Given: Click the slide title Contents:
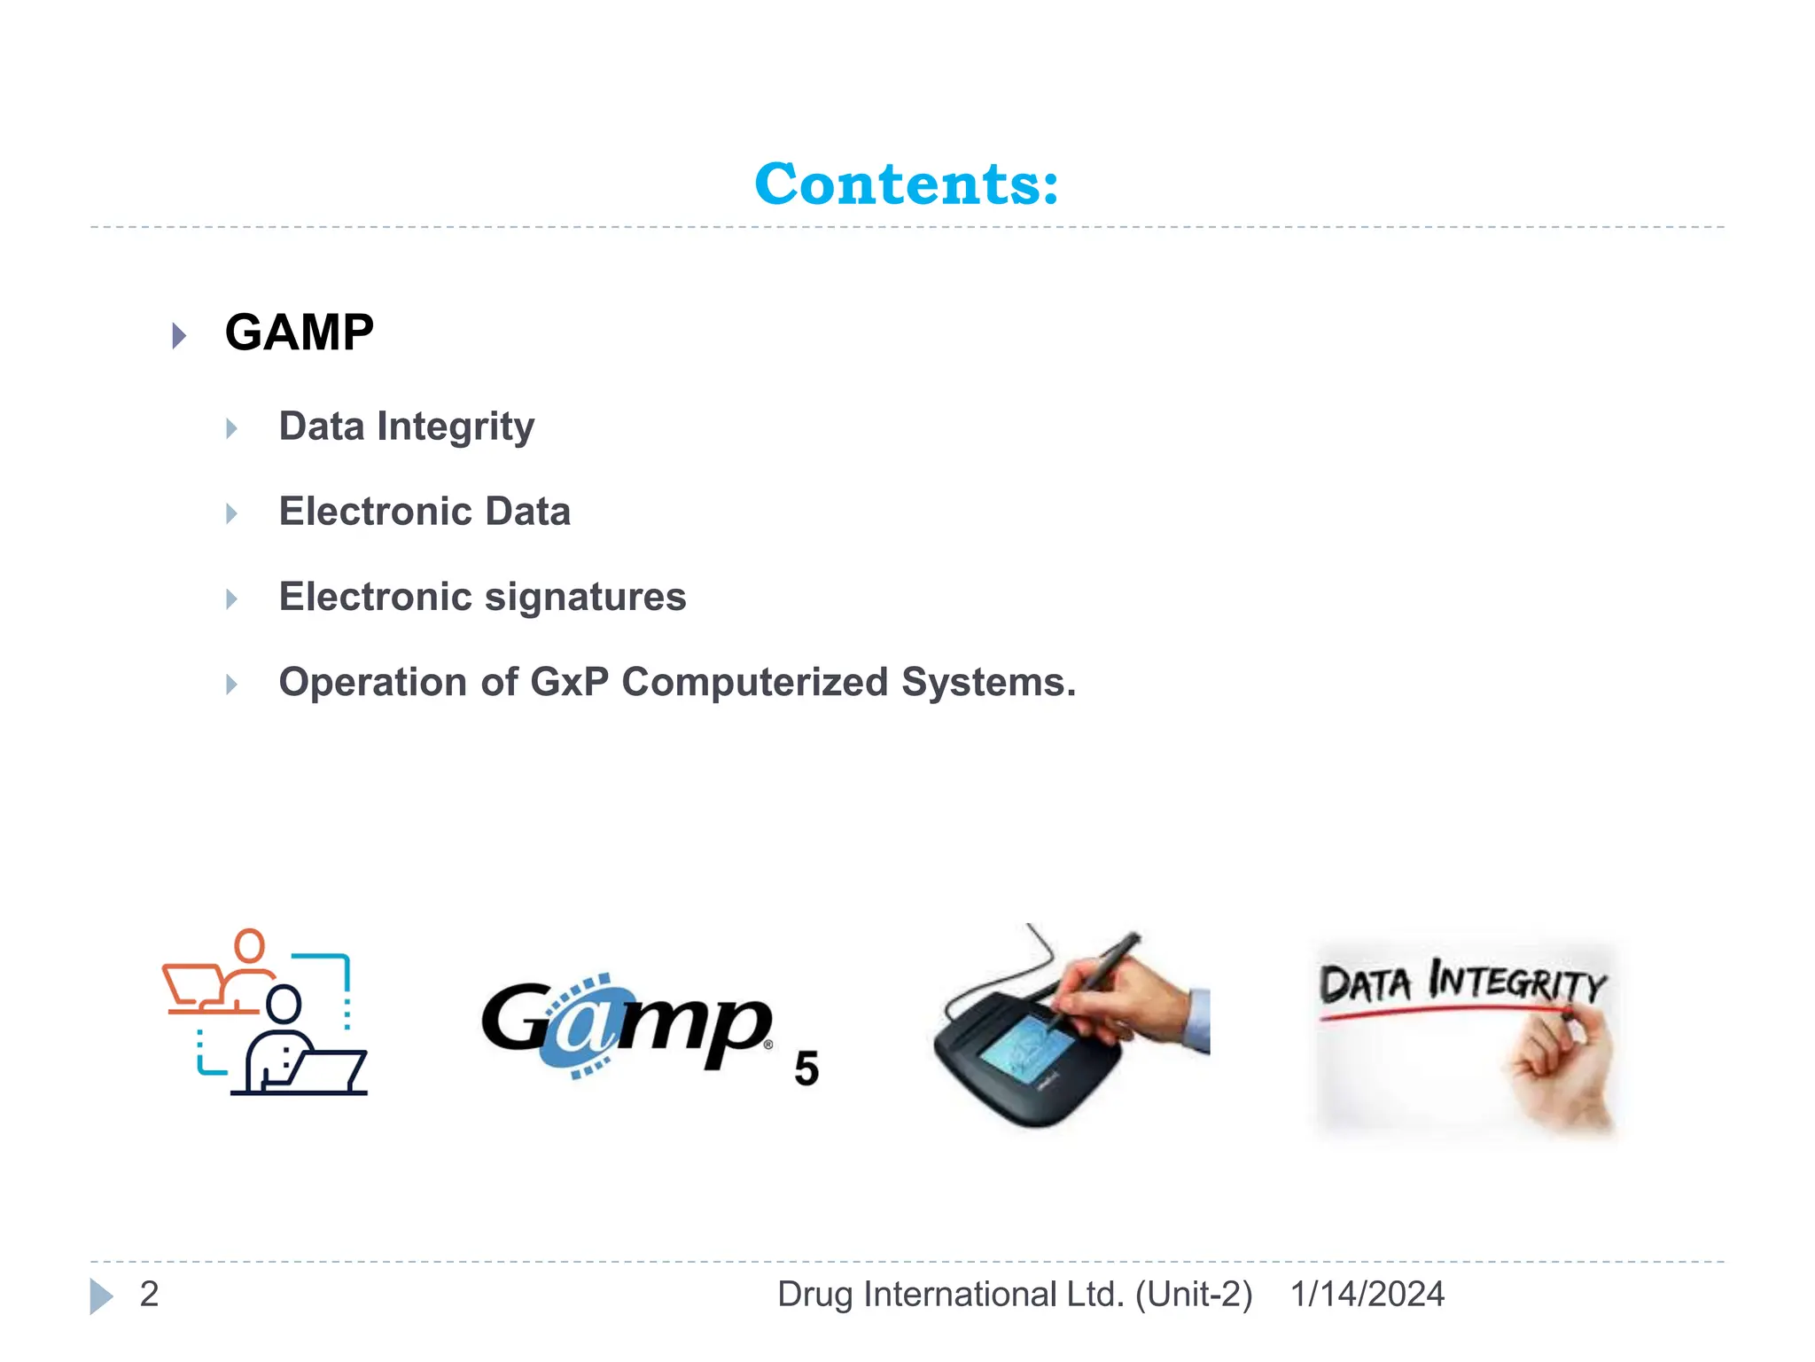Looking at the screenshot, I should [907, 184].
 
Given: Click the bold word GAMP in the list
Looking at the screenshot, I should [300, 333].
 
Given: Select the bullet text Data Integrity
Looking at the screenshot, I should [407, 427].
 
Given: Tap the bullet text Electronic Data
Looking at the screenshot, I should [425, 512].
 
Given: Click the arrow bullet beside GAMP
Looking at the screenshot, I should [179, 335].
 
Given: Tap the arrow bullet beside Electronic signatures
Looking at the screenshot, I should [231, 599].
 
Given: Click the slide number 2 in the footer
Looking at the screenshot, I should [149, 1294].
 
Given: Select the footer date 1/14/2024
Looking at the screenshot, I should [1367, 1294].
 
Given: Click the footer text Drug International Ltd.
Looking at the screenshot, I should [950, 1294].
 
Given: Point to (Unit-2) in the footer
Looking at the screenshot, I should [1194, 1294].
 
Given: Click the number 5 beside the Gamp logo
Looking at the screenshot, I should [806, 1068].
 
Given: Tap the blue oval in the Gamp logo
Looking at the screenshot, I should [580, 1029].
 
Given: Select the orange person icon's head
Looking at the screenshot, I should [250, 945].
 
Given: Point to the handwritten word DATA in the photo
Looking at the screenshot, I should [1365, 984].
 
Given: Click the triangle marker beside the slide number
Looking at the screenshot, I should [101, 1295].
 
